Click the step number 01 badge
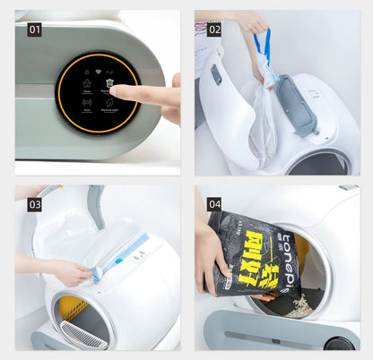[x=34, y=29]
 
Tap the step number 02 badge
[x=214, y=29]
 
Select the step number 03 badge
[x=34, y=204]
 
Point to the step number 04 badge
[x=214, y=204]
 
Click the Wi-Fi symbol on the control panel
[x=87, y=71]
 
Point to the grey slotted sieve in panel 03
[x=82, y=336]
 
